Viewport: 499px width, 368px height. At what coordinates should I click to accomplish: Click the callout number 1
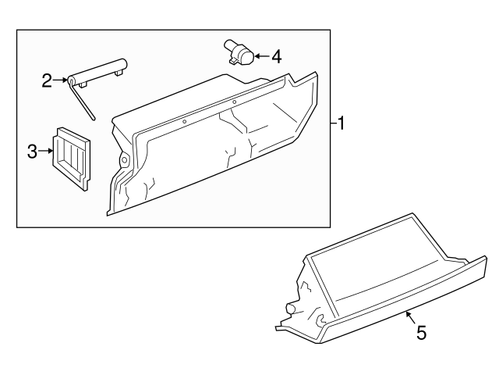click(x=341, y=123)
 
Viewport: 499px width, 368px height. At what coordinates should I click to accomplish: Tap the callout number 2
click(x=47, y=80)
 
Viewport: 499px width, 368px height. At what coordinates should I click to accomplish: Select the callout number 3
click(x=33, y=152)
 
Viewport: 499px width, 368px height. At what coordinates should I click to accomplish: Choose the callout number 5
click(x=422, y=333)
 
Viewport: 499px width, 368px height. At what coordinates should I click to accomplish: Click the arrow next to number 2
click(x=62, y=80)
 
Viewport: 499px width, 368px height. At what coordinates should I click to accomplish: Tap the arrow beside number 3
click(x=45, y=151)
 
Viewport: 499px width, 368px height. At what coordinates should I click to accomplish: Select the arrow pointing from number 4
click(x=261, y=55)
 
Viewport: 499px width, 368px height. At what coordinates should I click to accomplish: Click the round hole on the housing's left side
click(x=123, y=159)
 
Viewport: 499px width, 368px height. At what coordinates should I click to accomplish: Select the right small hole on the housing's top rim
click(x=234, y=102)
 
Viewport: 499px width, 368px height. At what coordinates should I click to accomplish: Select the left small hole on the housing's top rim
click(x=184, y=121)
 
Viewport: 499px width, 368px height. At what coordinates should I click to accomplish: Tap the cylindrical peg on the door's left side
click(x=291, y=309)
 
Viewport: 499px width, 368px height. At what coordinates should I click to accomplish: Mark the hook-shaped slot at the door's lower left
click(x=320, y=319)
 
